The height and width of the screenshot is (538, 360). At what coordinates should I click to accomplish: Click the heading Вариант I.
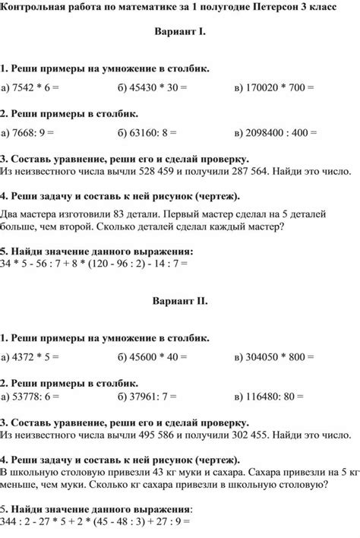179,35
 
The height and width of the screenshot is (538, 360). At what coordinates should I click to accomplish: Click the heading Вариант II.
179,300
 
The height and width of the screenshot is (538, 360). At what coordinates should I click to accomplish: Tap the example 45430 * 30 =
152,88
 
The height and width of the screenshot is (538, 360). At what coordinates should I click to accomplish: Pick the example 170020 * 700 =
274,88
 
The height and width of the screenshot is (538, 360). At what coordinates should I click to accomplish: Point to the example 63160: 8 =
147,133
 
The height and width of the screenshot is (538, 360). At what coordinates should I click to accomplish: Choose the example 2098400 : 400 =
277,133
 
